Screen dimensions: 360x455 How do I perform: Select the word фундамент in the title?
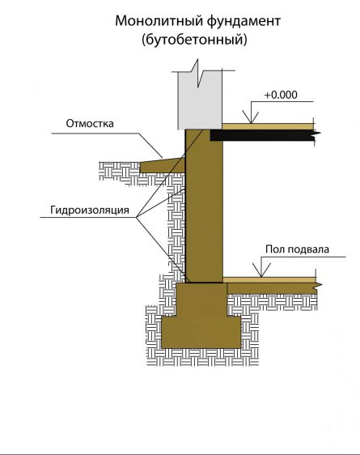[244, 22]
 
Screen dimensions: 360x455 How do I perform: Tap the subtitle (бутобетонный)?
[194, 39]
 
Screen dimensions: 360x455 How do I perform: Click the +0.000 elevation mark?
[281, 95]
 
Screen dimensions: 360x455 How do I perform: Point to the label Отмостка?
[90, 123]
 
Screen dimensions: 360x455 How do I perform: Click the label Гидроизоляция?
[90, 210]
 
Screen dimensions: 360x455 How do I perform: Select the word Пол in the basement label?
[274, 249]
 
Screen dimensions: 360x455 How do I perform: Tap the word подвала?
[307, 249]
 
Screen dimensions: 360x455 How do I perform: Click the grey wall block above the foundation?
[200, 100]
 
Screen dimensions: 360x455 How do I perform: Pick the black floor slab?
[262, 135]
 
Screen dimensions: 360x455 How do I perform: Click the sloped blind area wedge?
[163, 165]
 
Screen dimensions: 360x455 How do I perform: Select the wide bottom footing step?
[201, 332]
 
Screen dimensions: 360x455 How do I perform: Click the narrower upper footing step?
[202, 300]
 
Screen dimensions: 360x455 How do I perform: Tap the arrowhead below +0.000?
[251, 119]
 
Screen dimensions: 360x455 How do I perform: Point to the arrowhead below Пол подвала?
[261, 270]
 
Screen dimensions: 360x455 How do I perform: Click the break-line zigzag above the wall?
[198, 73]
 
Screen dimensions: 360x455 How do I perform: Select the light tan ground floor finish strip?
[268, 126]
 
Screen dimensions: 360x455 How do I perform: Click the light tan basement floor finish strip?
[269, 280]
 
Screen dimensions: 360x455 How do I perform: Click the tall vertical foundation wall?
[204, 206]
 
